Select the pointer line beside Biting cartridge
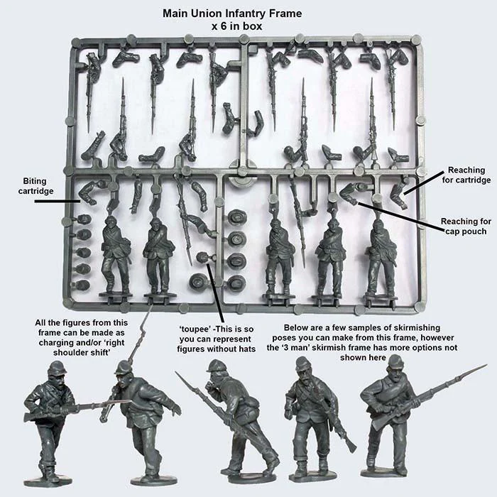pos(56,201)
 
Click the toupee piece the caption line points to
pos(202,258)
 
